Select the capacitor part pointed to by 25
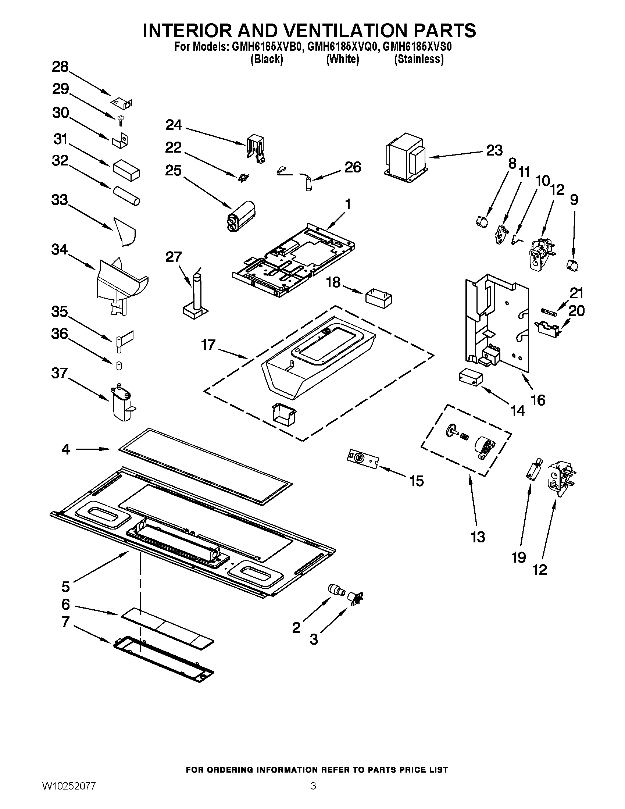(x=241, y=216)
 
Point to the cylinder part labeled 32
(x=126, y=196)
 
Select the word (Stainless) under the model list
(x=419, y=59)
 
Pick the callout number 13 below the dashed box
(x=478, y=537)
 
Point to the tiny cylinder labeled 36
(x=119, y=366)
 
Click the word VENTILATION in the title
(x=335, y=31)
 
